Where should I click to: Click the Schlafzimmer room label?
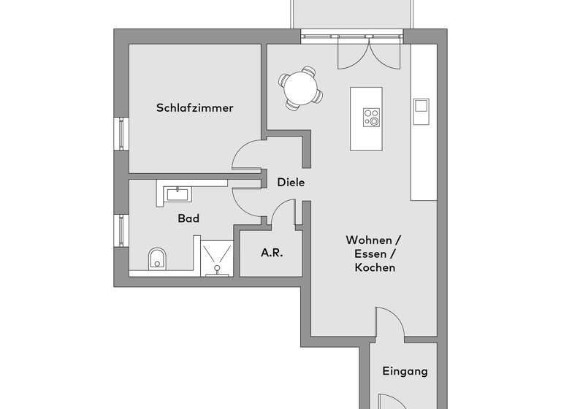coord(194,108)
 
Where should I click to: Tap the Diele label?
coord(291,183)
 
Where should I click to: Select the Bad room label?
coord(188,218)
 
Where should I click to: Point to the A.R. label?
coord(272,253)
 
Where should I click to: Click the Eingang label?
coord(405,371)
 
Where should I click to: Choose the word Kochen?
coord(375,268)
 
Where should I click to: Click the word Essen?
coord(371,254)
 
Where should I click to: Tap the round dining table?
coord(300,88)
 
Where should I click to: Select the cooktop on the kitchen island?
coord(371,118)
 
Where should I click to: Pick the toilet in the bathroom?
coord(157,259)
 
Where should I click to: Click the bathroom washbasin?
coord(176,194)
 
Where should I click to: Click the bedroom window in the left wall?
coord(119,133)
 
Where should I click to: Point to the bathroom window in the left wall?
coord(119,230)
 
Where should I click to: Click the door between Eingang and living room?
coord(389,323)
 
